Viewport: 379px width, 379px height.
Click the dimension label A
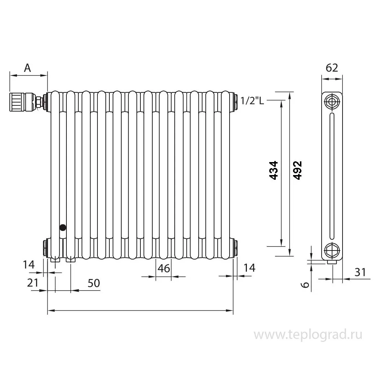[27, 68]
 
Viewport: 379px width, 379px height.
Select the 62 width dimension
[332, 68]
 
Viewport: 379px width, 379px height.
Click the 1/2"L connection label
[252, 101]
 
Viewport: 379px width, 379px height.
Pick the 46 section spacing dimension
[164, 268]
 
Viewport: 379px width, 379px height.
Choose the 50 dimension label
[93, 283]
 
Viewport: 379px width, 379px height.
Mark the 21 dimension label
[32, 283]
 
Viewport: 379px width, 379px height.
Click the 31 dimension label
[360, 272]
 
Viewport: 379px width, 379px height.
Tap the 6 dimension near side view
[305, 285]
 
